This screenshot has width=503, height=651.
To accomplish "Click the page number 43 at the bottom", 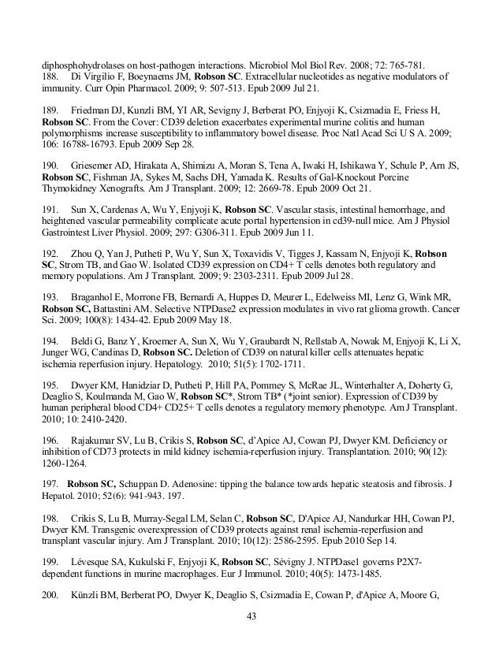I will coord(251,615).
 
